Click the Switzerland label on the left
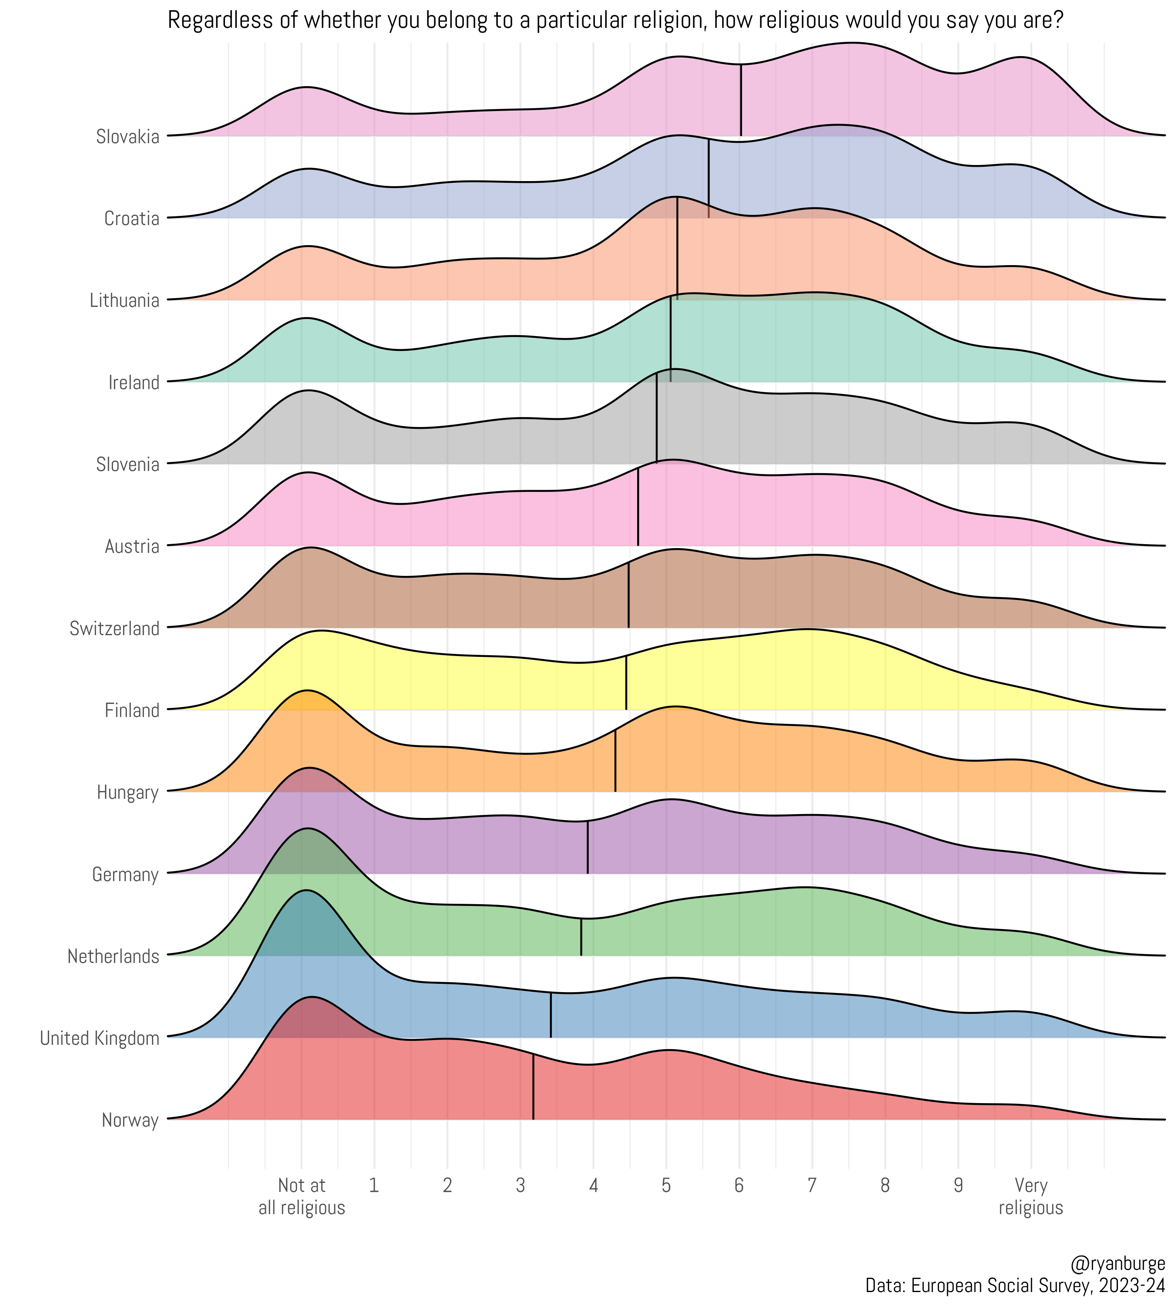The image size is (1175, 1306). coord(114,629)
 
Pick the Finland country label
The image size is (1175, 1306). coord(132,710)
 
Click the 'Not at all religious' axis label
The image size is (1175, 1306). coord(302,1196)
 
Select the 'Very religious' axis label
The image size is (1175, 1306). coord(1031,1196)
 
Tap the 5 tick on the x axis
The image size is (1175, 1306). coord(666,1185)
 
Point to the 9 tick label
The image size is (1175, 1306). coord(958,1185)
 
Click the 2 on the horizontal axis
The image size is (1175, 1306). coord(447,1185)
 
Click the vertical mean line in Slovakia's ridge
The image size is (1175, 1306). coord(741,103)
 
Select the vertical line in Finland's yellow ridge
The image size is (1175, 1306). coord(626,685)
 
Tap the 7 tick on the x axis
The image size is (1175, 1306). coord(812,1185)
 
